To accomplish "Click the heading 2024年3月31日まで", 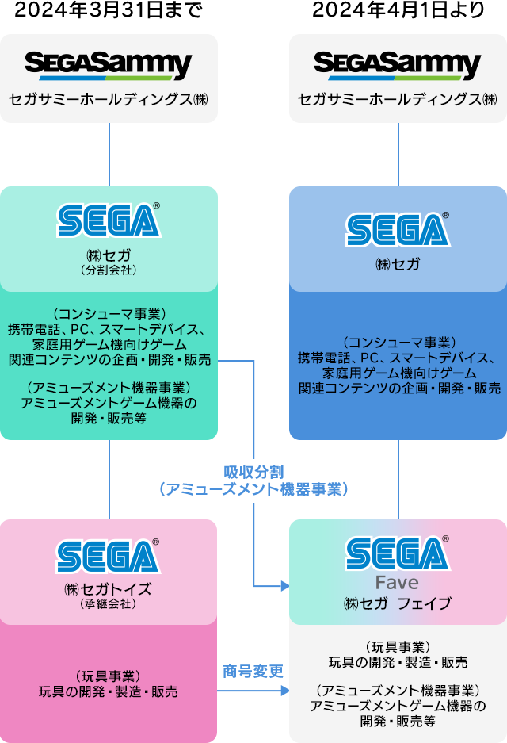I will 109,11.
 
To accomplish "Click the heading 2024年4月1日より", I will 398,11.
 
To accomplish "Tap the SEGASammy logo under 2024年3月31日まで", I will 109,65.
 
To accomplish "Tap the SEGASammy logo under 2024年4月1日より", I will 398,65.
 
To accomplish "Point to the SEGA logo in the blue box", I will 398,228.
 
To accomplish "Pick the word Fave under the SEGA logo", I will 398,583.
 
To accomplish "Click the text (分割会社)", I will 109,270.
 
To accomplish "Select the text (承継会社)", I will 109,603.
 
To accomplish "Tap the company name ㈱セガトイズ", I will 109,589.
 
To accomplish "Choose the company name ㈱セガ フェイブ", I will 398,603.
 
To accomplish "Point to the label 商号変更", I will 253,672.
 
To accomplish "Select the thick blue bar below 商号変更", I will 253,691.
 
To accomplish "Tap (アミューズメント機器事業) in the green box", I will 109,388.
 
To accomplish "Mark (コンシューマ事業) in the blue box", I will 398,342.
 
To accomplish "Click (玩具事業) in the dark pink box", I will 109,676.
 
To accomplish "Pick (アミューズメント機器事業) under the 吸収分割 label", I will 253,489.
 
